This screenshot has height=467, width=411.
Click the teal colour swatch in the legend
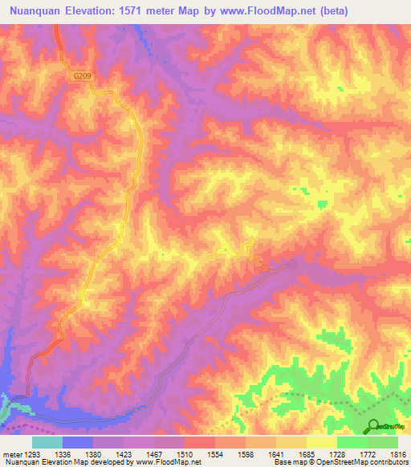tap(47, 442)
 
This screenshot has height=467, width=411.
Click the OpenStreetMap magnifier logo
tap(373, 426)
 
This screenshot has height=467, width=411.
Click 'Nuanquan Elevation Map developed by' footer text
tap(62, 462)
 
